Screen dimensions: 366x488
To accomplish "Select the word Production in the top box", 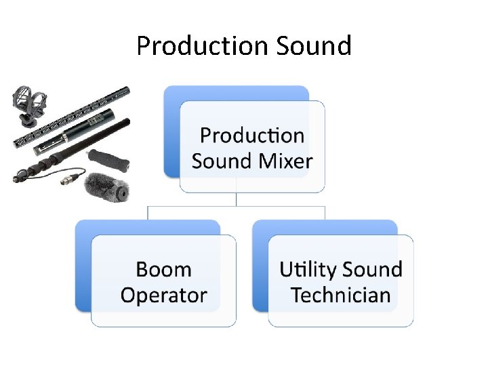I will click(x=252, y=136).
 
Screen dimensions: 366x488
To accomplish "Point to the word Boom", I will click(x=163, y=269).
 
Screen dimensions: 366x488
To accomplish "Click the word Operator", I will click(x=163, y=295).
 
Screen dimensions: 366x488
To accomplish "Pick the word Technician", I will click(x=341, y=295).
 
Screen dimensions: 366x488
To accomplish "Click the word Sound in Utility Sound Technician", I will click(x=372, y=269).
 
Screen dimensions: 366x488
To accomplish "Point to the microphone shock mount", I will click(x=27, y=105).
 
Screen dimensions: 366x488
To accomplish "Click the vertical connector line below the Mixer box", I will click(x=236, y=199).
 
